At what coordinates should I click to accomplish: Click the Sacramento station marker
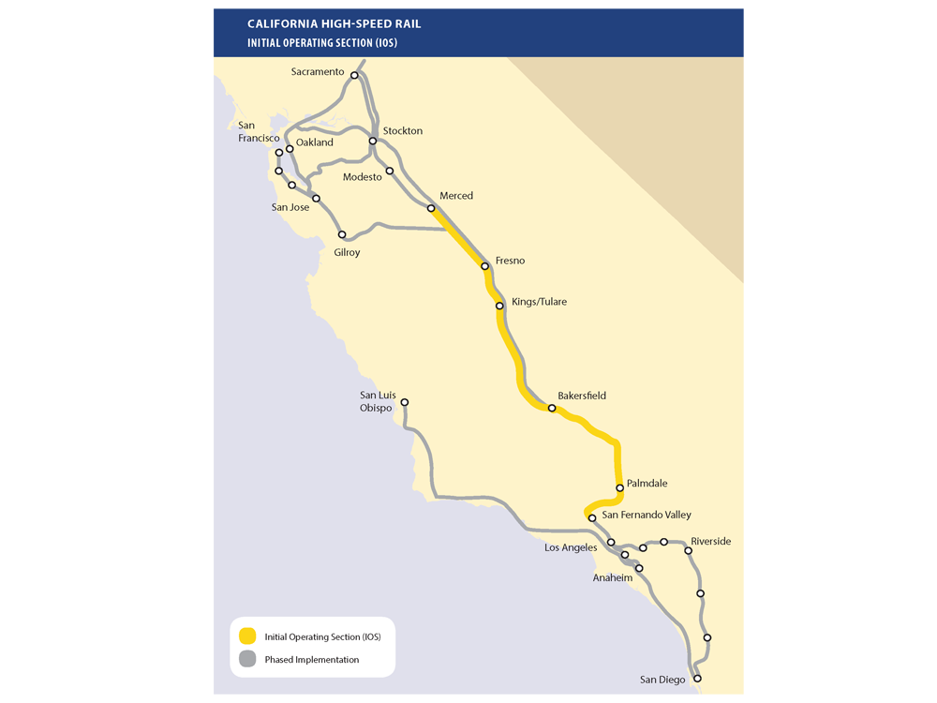click(x=354, y=75)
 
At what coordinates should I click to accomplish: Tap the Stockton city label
click(x=403, y=131)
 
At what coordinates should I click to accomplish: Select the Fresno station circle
click(x=485, y=266)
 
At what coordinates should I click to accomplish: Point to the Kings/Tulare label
click(x=539, y=303)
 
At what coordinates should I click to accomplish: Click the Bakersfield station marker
click(x=552, y=408)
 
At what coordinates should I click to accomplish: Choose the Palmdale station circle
click(x=620, y=487)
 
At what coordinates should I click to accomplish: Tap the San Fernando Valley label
click(x=647, y=516)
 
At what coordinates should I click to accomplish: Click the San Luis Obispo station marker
click(x=405, y=403)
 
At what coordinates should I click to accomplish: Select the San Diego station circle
click(x=697, y=678)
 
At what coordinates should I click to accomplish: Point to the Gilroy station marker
click(x=342, y=234)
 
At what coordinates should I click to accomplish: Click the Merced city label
click(x=456, y=196)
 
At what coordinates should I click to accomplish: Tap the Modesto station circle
click(x=390, y=171)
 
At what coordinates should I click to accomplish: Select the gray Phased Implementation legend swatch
click(x=247, y=659)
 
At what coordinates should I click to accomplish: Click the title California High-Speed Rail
click(x=329, y=22)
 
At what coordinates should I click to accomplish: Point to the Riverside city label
click(x=710, y=542)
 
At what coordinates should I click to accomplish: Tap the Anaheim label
click(x=613, y=578)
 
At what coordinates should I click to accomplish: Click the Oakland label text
click(x=315, y=142)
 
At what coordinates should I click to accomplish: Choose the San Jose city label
click(x=290, y=207)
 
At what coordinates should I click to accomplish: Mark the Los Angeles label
click(x=571, y=547)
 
